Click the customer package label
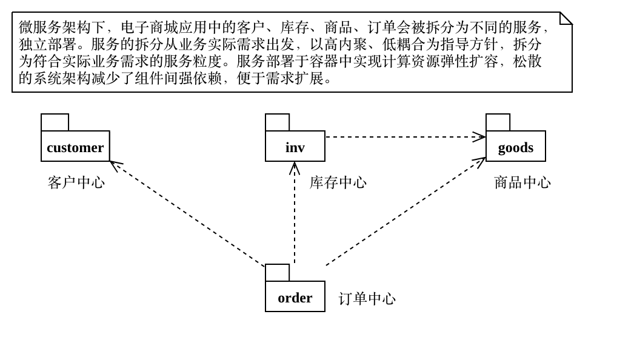tap(75, 147)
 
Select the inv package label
tap(295, 147)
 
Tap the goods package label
tap(516, 147)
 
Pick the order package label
tap(295, 297)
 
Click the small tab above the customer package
tap(55, 122)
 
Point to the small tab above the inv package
tap(277, 122)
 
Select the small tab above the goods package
tap(498, 122)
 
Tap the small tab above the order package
tap(277, 273)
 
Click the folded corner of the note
tap(566, 18)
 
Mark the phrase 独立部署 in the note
tap(48, 44)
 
